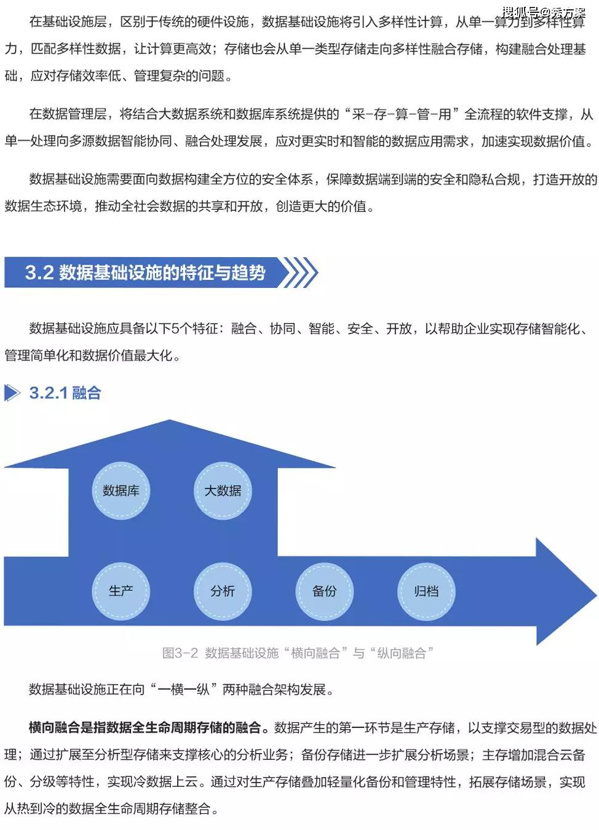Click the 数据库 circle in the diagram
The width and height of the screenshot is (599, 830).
click(121, 490)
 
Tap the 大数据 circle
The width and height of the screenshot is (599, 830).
click(223, 490)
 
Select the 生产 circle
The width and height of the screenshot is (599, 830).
click(121, 591)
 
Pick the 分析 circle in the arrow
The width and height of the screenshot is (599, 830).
click(223, 591)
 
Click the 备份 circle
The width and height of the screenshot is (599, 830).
click(325, 591)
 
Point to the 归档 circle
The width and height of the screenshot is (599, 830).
click(426, 591)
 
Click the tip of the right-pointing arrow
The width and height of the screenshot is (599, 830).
click(596, 591)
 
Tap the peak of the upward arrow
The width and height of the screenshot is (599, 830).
click(170, 420)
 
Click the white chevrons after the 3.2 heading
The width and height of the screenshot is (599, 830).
click(299, 273)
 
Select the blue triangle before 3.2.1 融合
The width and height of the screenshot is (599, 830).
click(12, 393)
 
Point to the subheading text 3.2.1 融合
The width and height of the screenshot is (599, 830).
click(65, 393)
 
